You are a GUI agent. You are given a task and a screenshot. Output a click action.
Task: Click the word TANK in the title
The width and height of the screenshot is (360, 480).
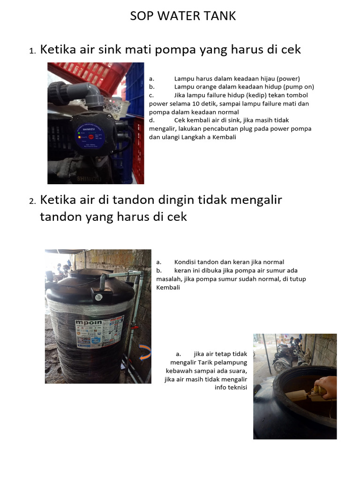(220, 16)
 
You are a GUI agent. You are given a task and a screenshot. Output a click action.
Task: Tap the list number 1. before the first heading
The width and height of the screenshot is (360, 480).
(32, 51)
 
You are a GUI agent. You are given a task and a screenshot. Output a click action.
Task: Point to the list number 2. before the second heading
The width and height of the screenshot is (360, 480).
(32, 201)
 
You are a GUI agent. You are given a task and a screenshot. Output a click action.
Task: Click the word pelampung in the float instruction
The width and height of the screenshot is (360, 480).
(234, 362)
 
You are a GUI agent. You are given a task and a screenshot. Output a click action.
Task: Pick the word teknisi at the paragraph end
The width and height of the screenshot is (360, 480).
(237, 388)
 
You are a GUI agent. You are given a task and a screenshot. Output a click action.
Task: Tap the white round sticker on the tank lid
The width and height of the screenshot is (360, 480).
(99, 297)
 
